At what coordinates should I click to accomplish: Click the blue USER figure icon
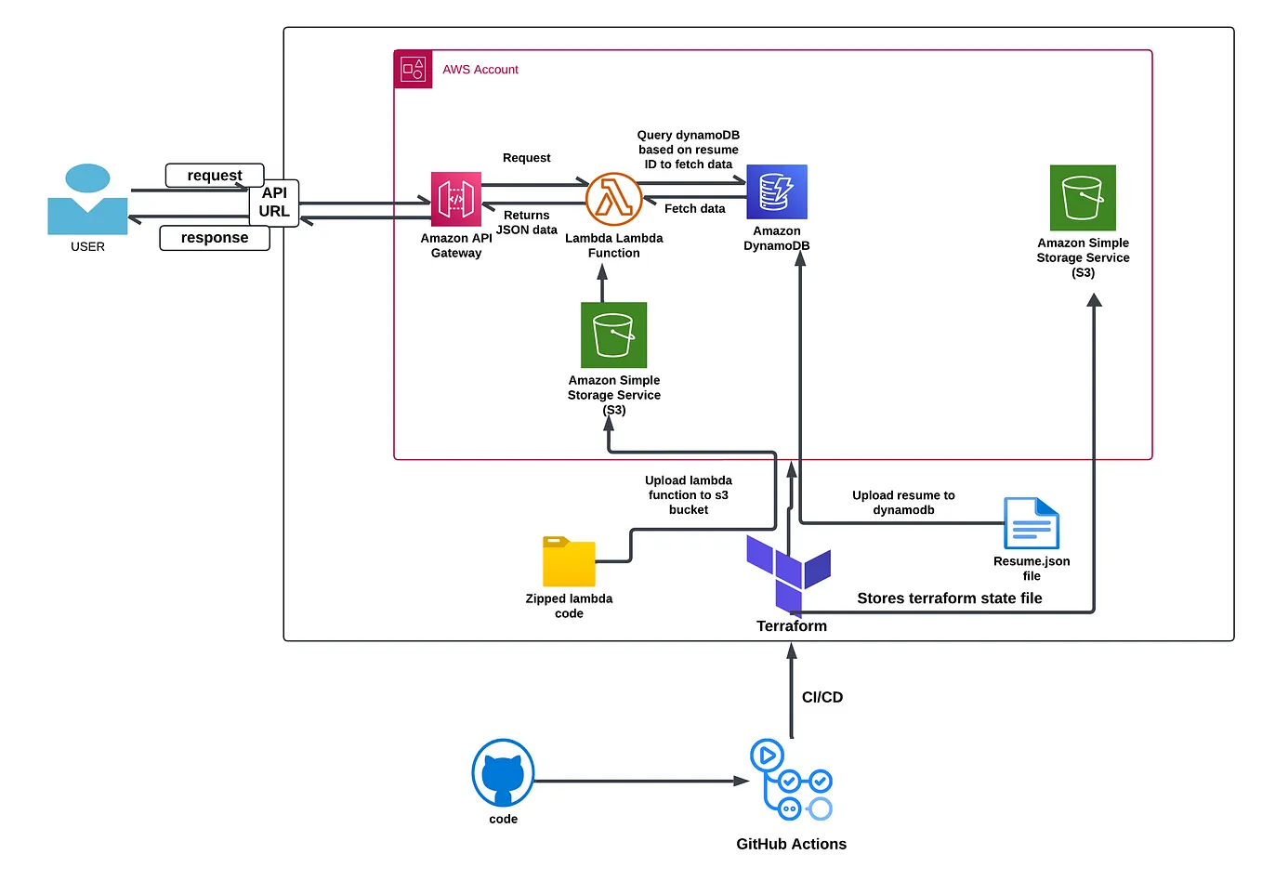87,200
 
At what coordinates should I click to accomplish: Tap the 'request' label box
215,175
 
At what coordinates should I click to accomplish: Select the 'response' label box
215,238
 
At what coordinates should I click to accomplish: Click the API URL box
274,203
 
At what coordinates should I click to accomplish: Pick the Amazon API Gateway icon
455,199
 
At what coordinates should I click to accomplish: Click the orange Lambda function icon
613,199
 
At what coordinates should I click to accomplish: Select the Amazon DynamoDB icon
777,192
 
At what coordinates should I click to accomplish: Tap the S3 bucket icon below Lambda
613,335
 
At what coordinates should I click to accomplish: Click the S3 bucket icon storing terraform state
1083,198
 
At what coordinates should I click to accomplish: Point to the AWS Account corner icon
414,70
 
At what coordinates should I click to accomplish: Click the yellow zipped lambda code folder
569,561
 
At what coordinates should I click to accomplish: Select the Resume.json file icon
1032,523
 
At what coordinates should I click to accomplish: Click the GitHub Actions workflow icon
791,781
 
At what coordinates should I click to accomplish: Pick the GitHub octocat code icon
503,773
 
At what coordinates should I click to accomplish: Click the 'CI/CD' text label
822,697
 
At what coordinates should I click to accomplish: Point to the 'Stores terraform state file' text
949,598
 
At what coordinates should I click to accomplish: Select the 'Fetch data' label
694,209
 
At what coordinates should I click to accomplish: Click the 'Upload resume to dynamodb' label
903,503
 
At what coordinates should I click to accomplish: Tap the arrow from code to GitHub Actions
641,782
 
